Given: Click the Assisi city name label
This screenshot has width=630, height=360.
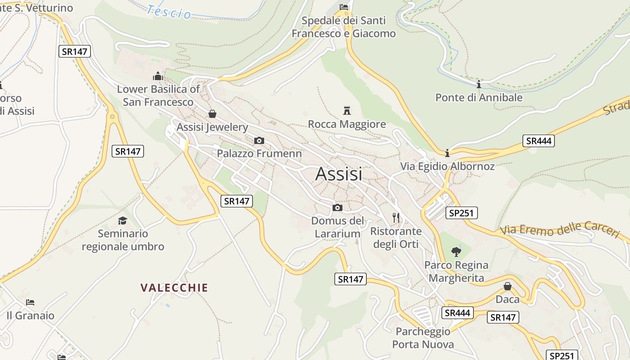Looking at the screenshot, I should pos(338,174).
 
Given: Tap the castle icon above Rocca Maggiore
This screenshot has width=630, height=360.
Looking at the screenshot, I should pos(347,110).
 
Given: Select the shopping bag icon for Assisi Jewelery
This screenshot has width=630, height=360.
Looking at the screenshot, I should pos(212,114).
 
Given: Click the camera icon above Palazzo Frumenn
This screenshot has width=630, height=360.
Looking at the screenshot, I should pos(259,140).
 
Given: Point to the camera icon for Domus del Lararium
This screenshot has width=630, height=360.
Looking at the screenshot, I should pos(337,207).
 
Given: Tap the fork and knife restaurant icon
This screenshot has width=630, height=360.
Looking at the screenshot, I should pos(396,218).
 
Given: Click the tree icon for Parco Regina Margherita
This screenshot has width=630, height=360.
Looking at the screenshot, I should pos(456,252).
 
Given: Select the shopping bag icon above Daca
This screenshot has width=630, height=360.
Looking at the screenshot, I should pos(507,286).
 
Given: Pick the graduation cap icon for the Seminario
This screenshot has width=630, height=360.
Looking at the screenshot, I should pos(122,220).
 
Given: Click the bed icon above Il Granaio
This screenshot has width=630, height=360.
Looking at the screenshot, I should pos(30,302).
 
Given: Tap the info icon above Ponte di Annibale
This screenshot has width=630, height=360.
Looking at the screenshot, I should pos(478,84).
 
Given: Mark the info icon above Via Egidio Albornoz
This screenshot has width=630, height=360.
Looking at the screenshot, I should pos(447,153).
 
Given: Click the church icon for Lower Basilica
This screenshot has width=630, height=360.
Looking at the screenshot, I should pos(157,76).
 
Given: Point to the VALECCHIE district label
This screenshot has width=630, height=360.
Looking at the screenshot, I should pos(174,288).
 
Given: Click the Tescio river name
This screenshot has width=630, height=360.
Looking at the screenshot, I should pos(169,12).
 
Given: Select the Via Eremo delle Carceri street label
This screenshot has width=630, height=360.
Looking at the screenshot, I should pos(560,229).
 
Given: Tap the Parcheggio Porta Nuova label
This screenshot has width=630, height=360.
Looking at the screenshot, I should pos(423,338).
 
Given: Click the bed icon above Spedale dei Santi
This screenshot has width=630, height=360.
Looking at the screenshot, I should pos(343,7).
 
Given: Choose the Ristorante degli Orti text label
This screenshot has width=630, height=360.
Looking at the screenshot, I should pos(396,238).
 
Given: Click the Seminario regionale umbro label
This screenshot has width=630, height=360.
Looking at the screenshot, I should pos(123,240).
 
